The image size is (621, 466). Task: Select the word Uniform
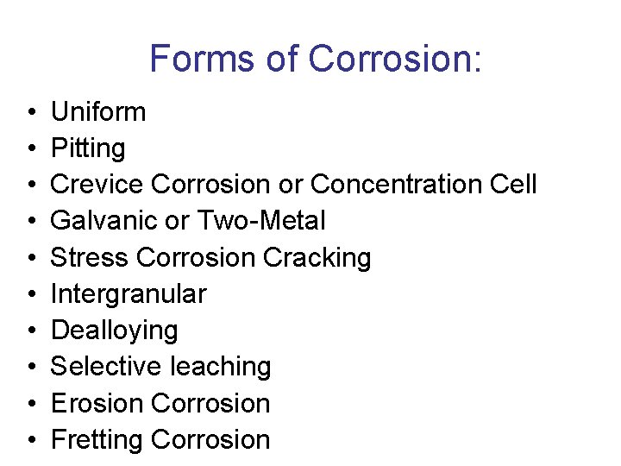tap(98, 111)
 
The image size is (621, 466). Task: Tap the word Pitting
tap(88, 148)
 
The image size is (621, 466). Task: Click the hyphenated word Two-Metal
tap(261, 221)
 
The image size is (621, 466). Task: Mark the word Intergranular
tap(129, 294)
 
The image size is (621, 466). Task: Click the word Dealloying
tap(115, 331)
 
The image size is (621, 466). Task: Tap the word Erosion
tap(97, 403)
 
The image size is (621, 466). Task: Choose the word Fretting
tap(97, 439)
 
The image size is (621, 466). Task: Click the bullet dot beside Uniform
tap(31, 112)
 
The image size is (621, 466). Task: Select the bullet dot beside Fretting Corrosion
tap(31, 440)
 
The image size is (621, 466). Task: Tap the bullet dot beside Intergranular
tap(31, 294)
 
